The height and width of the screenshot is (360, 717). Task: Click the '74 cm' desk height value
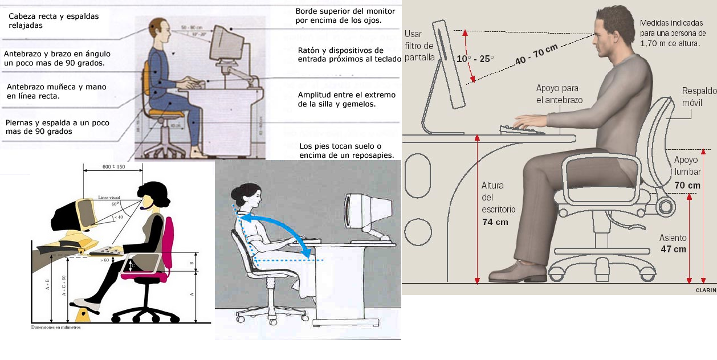pos(495,222)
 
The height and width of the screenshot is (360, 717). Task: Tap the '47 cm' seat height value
pos(673,249)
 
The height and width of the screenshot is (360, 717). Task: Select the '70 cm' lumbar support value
pos(687,185)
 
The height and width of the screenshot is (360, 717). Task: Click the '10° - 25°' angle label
pos(475,58)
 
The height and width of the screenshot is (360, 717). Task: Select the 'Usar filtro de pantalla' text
pos(419,46)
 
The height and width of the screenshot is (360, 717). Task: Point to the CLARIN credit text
pos(706,290)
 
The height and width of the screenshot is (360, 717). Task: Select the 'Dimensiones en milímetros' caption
pos(55,328)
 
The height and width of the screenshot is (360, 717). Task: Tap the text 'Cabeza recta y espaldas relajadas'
pos(54,21)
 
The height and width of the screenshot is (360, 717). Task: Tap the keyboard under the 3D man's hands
pos(522,130)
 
